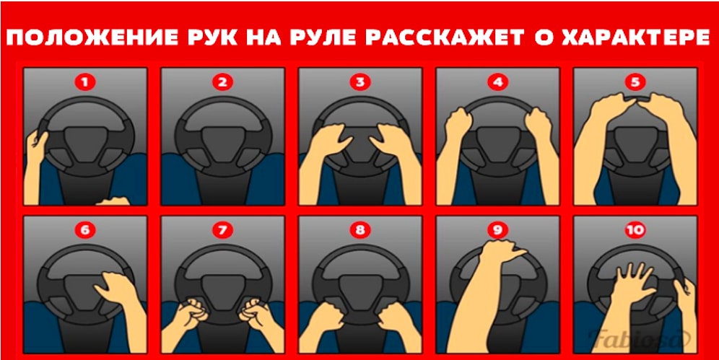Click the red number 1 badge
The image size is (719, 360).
point(85,82)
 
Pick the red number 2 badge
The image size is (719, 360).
point(222,82)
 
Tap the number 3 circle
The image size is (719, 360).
point(360,82)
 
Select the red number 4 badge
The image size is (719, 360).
point(497,82)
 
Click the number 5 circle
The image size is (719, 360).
point(635,82)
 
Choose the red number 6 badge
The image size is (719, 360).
point(85,230)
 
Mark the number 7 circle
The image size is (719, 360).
point(222,230)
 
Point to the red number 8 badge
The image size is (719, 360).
point(360,230)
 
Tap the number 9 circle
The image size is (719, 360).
point(497,230)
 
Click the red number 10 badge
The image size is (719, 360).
point(635,230)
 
